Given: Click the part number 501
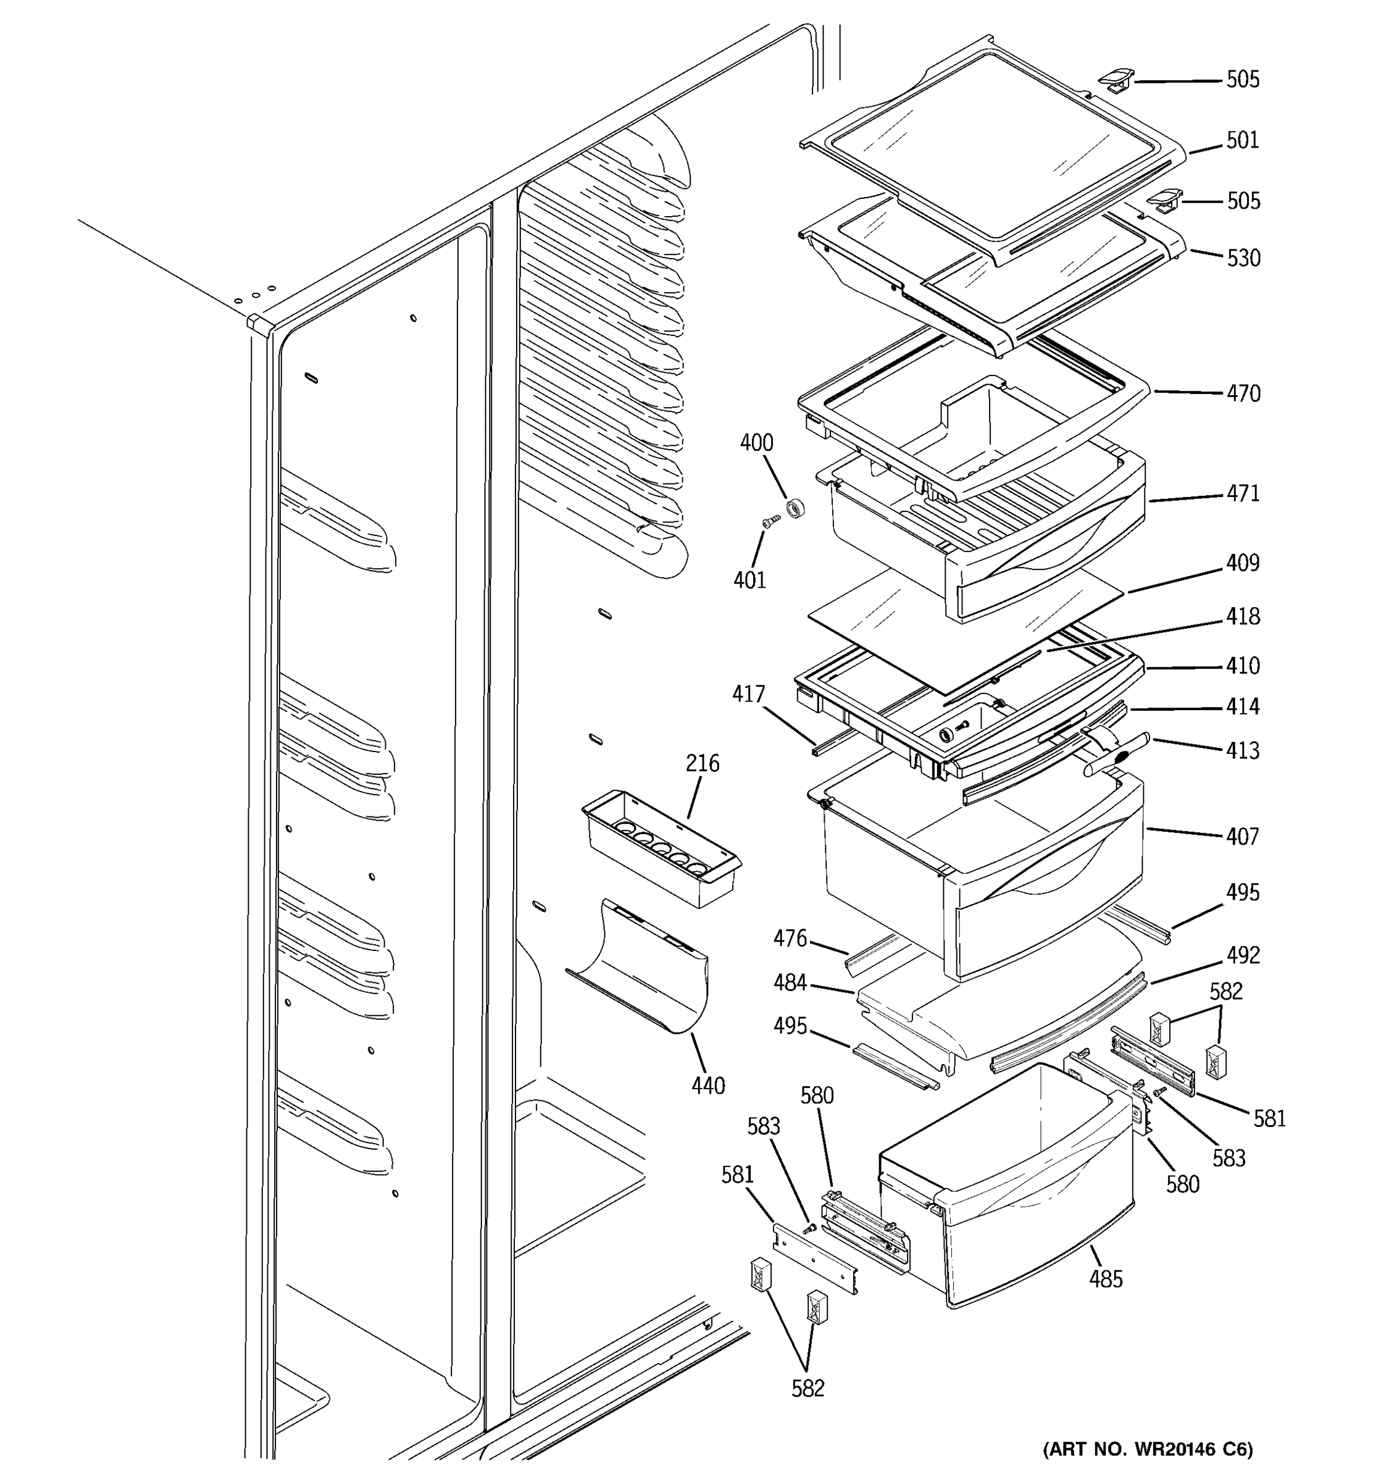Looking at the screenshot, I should tap(1242, 140).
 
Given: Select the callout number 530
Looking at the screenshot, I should tap(1243, 258).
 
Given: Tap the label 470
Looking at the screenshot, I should tap(1243, 393).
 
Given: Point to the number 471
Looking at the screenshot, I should tap(1243, 493).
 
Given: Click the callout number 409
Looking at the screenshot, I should tap(1243, 562).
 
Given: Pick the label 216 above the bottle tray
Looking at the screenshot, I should tap(703, 763).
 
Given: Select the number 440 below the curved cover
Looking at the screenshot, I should tap(707, 1086).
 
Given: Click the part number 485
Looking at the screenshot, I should tap(1105, 1279).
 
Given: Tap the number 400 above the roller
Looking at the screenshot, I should tap(756, 443).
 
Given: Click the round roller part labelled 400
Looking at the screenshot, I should tap(796, 510).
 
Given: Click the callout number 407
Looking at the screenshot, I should tap(1242, 837).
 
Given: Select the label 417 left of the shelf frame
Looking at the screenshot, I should tap(748, 694).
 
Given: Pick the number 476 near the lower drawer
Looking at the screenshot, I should tap(790, 938).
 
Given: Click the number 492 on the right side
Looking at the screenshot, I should tap(1242, 955).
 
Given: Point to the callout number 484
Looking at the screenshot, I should tap(790, 982).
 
